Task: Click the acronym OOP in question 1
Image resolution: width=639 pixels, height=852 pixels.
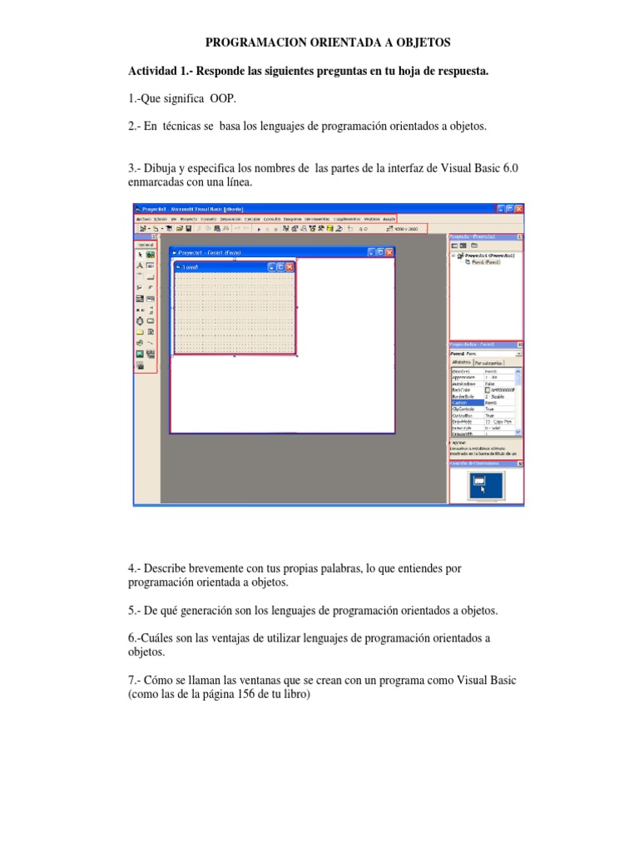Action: point(224,98)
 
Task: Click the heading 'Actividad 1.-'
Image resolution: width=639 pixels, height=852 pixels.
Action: point(160,71)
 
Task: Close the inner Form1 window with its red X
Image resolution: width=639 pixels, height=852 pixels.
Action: point(289,267)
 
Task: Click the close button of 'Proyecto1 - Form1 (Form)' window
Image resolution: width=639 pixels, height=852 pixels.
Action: point(389,252)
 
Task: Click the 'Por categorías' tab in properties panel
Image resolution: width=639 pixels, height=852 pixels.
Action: point(488,364)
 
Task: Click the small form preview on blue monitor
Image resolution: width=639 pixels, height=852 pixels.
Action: point(478,481)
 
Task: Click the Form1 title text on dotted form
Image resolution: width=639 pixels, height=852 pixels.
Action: point(191,267)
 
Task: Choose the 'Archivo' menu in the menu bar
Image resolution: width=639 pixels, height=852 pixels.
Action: point(144,218)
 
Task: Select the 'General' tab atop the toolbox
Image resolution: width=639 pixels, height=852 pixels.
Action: point(146,244)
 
